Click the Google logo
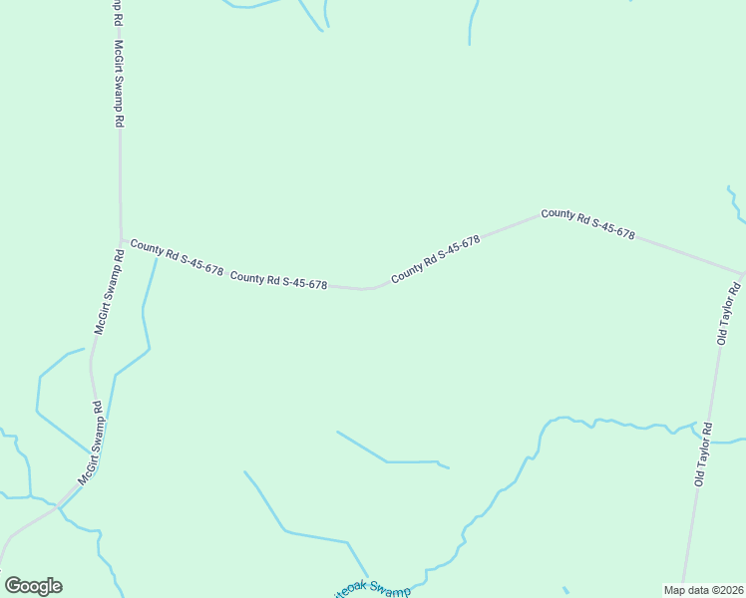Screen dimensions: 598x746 [x=33, y=585]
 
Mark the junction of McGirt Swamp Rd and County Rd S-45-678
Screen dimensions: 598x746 [x=122, y=241]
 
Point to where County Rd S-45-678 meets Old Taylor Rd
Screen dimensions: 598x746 [x=742, y=272]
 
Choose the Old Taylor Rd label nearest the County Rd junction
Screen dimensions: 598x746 [x=726, y=313]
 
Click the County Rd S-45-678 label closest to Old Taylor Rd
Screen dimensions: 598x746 [x=587, y=223]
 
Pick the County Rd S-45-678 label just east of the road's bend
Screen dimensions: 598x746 [x=436, y=258]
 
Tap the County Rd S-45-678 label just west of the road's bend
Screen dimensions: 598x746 [x=278, y=281]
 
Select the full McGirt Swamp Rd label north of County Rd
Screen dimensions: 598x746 [x=119, y=84]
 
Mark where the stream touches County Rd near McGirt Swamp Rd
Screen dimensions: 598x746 [x=157, y=258]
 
